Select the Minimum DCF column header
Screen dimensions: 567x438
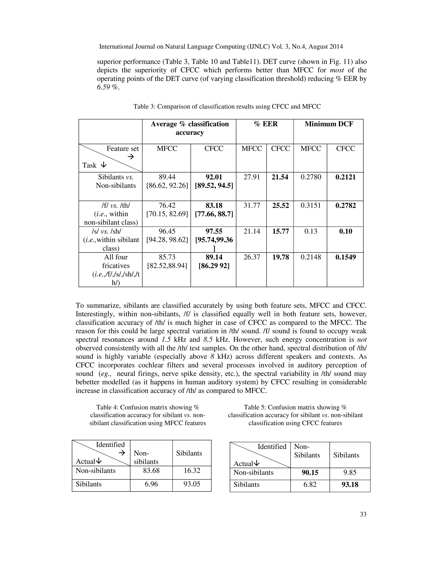pyautogui.click(x=329, y=124)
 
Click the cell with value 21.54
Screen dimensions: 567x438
pyautogui.click(x=280, y=177)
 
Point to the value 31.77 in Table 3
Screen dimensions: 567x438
pyautogui.click(x=252, y=206)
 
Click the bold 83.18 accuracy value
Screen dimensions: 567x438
pyautogui.click(x=214, y=206)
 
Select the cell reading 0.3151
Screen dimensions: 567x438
pyautogui.click(x=311, y=206)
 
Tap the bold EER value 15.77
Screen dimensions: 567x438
pyautogui.click(x=280, y=231)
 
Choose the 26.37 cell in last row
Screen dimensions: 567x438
pyautogui.click(x=252, y=257)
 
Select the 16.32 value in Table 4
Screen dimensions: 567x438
pyautogui.click(x=192, y=471)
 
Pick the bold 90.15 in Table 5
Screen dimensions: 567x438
pyautogui.click(x=310, y=472)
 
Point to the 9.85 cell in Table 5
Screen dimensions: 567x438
pyautogui.click(x=349, y=472)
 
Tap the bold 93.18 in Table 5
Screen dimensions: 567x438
pyautogui.click(x=349, y=485)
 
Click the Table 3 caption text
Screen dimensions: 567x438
pyautogui.click(x=227, y=107)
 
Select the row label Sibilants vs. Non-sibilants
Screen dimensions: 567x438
pyautogui.click(x=116, y=181)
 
